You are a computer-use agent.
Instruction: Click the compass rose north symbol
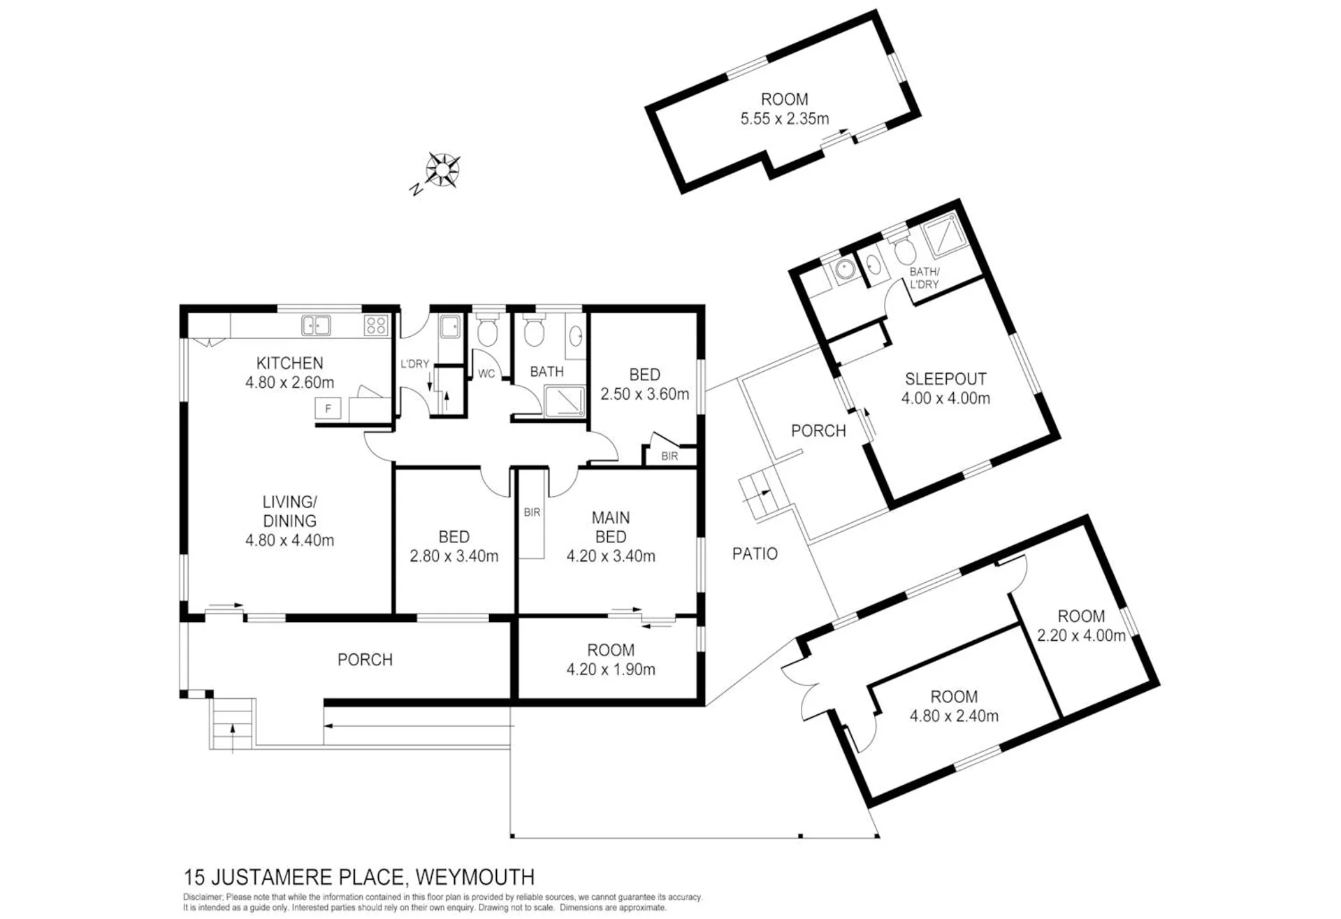point(442,171)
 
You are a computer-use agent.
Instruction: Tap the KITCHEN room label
point(290,363)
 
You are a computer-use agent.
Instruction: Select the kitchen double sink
point(316,326)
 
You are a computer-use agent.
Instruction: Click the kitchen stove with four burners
point(376,325)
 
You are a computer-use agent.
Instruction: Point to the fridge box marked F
point(328,409)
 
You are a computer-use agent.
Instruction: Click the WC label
point(486,374)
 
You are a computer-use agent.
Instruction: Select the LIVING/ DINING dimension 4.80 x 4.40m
point(290,540)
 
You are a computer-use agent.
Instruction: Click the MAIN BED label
point(611,528)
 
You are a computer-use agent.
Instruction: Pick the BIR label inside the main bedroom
point(532,513)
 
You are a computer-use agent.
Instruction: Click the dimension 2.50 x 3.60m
point(645,394)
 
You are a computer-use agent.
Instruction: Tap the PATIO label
point(755,554)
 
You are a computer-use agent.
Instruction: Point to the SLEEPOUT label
point(945,379)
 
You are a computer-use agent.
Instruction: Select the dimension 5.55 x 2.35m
point(785,119)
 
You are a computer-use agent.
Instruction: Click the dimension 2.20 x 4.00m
point(1081,636)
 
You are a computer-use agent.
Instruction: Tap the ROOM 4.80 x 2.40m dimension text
point(954,716)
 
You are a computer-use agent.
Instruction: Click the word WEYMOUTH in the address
point(475,877)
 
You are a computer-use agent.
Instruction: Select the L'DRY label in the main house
point(414,364)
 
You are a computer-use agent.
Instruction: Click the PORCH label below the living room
point(365,660)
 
